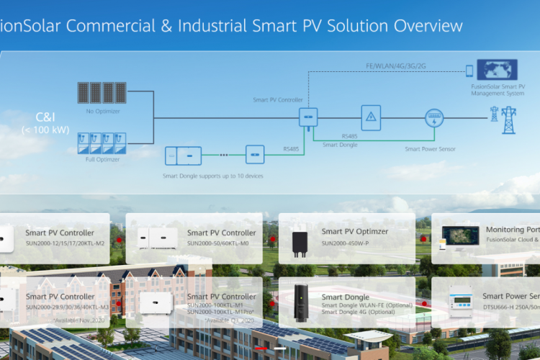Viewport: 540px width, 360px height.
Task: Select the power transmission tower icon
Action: tap(509, 120)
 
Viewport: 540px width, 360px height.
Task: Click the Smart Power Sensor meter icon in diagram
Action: tap(433, 118)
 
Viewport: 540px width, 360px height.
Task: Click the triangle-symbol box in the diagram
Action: tap(371, 117)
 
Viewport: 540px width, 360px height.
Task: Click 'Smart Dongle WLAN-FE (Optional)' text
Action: tap(367, 305)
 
